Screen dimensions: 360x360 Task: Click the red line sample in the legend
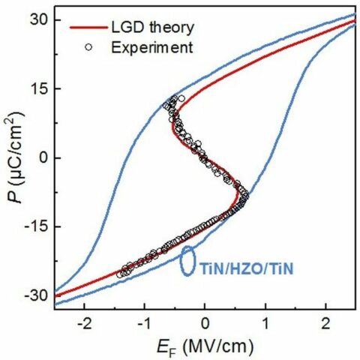[x=89, y=28]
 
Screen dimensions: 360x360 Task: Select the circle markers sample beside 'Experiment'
[x=89, y=47]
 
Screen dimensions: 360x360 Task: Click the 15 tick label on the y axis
[x=39, y=88]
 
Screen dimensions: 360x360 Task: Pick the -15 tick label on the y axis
[x=37, y=226]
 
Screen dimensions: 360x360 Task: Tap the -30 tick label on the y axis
[x=37, y=295]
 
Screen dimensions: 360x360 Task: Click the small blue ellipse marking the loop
[x=187, y=259]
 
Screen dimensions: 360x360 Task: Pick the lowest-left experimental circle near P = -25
[x=120, y=274]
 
